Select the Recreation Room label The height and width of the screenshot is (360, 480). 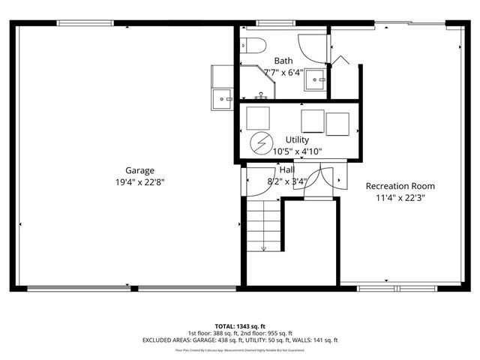point(400,186)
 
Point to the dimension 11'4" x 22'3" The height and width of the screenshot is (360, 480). point(400,198)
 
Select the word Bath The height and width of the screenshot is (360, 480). point(283,61)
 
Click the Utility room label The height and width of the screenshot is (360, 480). point(297,140)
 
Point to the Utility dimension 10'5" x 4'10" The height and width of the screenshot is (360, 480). point(297,151)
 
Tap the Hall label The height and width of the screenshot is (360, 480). point(286,170)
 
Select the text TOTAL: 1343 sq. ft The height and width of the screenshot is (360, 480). point(240,326)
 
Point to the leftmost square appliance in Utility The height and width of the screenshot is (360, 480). point(258,118)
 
